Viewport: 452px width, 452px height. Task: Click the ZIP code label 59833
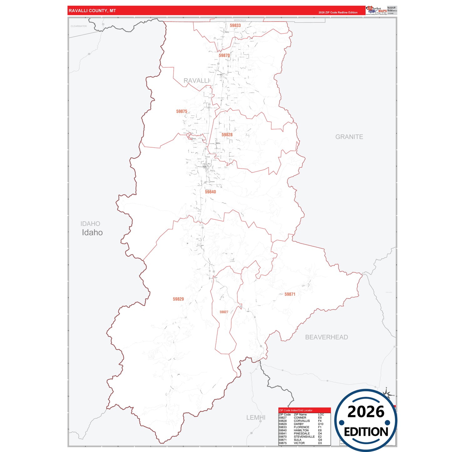235,26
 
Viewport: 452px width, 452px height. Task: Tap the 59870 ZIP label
224,56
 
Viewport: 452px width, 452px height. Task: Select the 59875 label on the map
181,112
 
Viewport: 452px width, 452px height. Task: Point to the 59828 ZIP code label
227,135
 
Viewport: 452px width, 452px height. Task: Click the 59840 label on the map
210,192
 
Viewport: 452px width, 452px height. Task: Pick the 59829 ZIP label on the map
178,299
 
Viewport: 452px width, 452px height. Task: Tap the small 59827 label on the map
224,312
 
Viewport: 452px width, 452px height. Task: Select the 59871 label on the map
290,294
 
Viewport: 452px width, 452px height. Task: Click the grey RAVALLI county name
196,81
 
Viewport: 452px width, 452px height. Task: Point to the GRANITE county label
349,137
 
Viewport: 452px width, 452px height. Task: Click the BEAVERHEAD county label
326,337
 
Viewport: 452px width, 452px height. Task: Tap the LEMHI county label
256,418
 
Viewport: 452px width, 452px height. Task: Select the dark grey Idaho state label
92,233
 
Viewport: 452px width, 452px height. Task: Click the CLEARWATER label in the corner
79,26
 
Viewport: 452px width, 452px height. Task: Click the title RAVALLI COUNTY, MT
92,11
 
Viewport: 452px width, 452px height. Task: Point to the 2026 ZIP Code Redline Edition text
338,13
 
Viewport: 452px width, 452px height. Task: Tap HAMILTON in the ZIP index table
301,430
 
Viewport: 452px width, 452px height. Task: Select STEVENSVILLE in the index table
304,437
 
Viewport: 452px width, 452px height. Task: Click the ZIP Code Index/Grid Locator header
296,410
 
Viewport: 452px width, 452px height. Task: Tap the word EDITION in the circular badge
366,432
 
